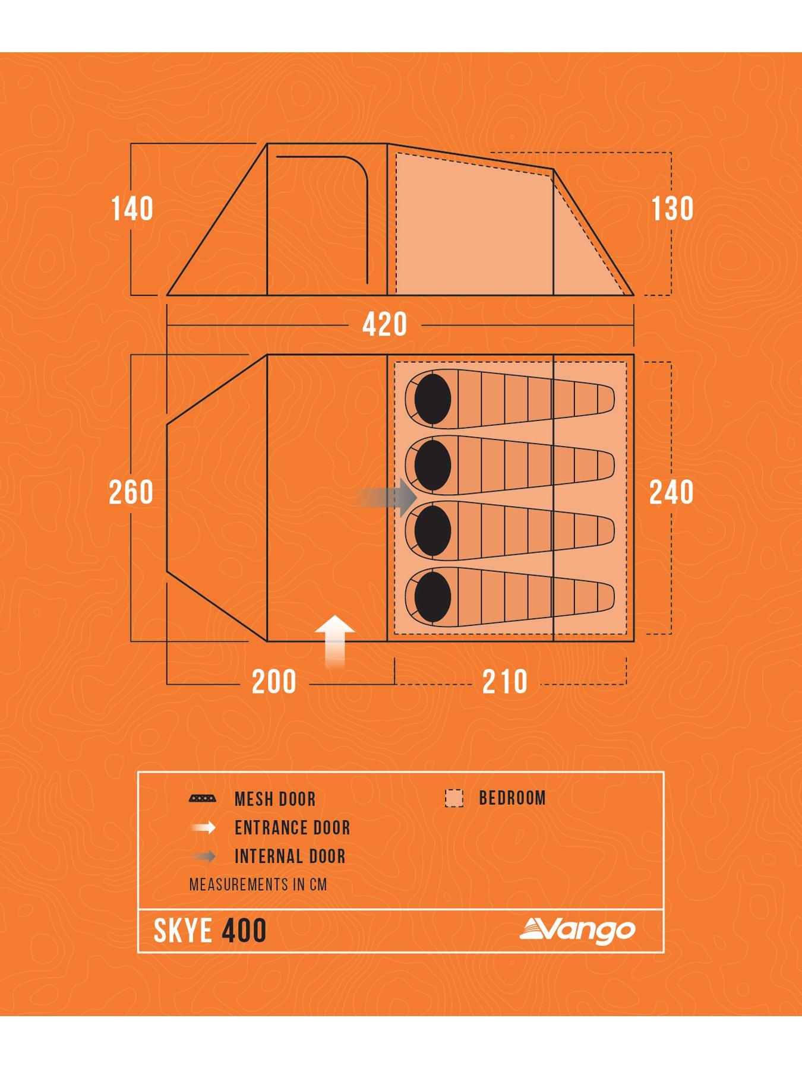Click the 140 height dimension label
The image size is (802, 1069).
132,209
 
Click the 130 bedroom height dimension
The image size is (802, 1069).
672,209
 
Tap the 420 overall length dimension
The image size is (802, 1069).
384,325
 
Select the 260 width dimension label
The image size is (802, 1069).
131,492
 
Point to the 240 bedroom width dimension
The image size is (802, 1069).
671,492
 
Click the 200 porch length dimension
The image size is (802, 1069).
274,682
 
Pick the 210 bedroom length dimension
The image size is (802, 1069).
505,682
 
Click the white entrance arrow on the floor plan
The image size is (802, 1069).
336,641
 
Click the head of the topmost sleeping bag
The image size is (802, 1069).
433,399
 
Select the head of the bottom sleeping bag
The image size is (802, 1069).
433,597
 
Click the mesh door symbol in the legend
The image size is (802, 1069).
203,799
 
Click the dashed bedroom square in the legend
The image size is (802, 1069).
454,798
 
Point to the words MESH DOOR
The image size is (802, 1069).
275,799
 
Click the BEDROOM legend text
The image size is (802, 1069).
512,798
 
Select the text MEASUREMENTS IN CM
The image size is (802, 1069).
258,885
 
